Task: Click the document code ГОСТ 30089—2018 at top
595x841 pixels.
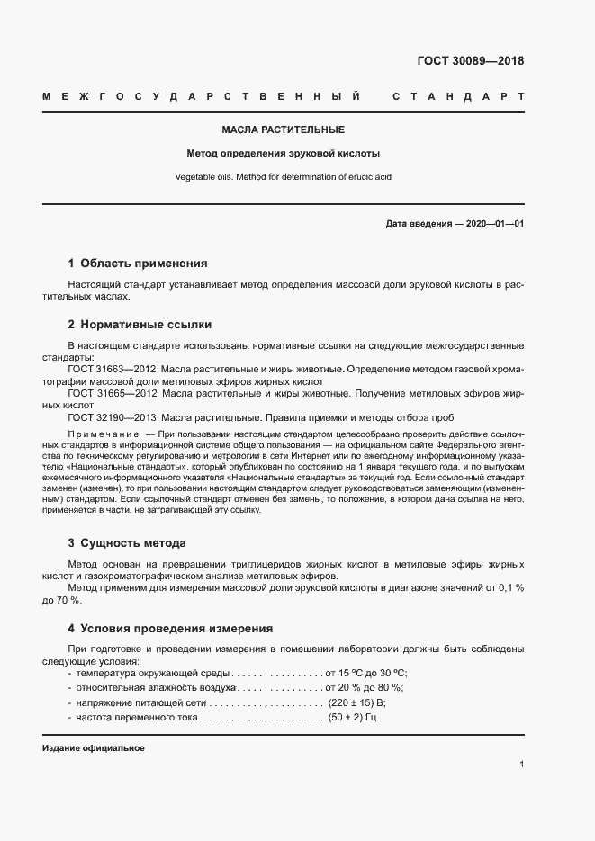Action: click(x=470, y=62)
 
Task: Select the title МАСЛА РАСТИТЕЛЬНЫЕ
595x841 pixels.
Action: click(x=283, y=130)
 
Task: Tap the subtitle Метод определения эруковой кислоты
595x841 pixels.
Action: click(x=283, y=153)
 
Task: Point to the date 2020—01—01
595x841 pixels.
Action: click(x=494, y=223)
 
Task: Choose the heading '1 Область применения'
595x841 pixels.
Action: click(x=138, y=264)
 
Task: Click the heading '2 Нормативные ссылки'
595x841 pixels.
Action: click(x=140, y=324)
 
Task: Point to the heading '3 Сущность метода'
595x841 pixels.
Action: click(x=127, y=543)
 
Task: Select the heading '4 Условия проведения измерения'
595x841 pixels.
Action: click(x=170, y=628)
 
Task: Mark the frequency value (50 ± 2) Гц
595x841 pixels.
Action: click(x=354, y=719)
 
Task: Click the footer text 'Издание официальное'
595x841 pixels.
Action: click(x=94, y=748)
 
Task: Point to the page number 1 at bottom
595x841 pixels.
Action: click(x=521, y=765)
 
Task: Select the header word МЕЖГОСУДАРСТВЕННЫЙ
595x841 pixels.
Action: click(x=203, y=96)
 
